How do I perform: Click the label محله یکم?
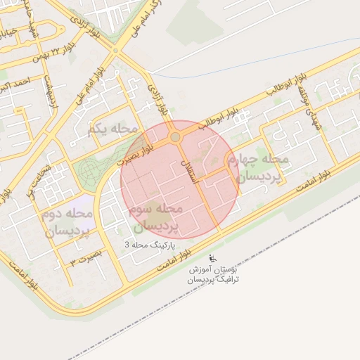(113, 129)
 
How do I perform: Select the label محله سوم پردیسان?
(156, 218)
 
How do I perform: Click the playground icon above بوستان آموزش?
(213, 257)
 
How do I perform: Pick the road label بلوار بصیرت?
(139, 149)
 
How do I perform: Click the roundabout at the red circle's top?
(174, 137)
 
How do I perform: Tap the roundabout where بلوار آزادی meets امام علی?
(115, 51)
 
